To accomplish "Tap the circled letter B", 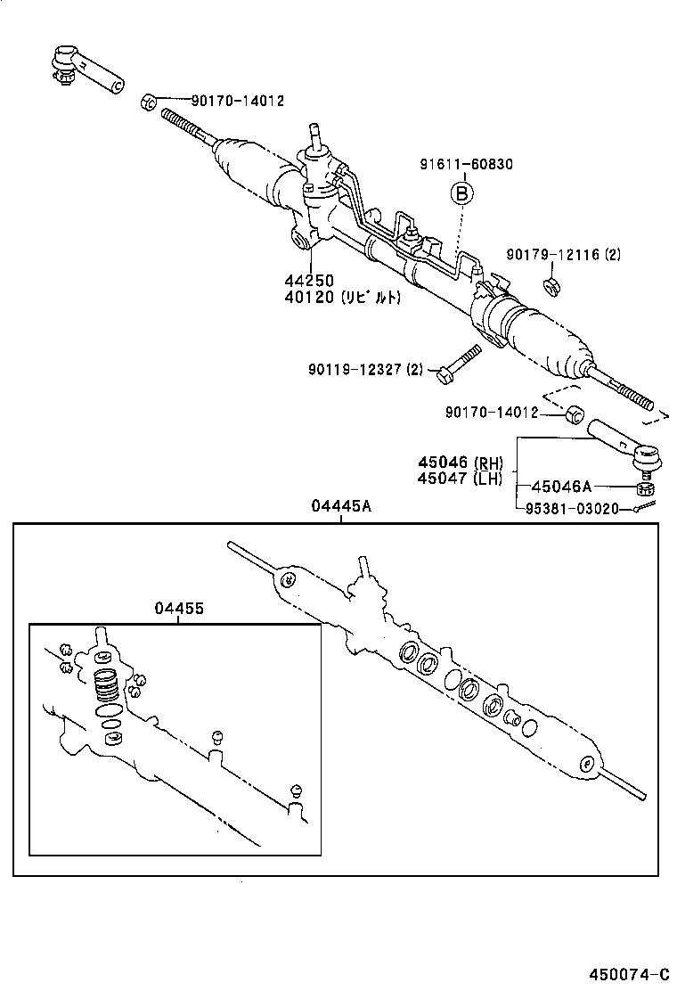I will pos(461,192).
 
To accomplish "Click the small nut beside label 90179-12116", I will pos(551,286).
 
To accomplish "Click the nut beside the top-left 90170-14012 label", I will pos(148,101).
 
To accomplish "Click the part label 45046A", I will pos(561,487).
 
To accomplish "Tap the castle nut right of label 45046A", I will pos(646,488).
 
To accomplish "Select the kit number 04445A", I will pos(341,505).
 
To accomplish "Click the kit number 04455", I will pos(178,609).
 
